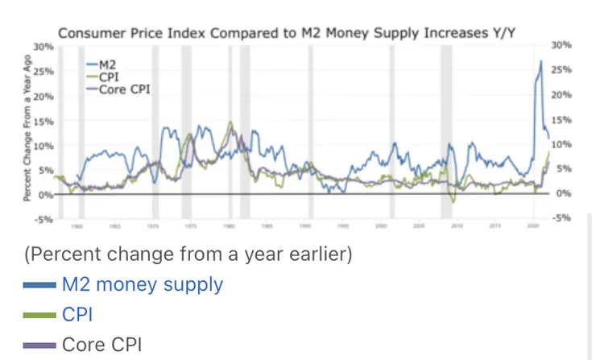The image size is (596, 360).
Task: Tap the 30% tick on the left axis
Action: tap(45, 47)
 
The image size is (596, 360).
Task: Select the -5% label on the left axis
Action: tap(45, 219)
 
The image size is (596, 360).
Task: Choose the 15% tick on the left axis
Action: tap(45, 121)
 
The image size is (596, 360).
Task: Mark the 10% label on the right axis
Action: tap(561, 144)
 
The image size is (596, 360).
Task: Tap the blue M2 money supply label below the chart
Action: tap(142, 283)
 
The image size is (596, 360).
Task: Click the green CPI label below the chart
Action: tap(77, 314)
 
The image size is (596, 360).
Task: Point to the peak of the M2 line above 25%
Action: tap(540, 61)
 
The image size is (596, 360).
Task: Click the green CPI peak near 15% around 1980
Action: tap(230, 122)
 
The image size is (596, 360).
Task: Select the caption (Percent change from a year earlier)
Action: tap(188, 254)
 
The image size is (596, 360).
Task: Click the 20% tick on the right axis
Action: tap(561, 95)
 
